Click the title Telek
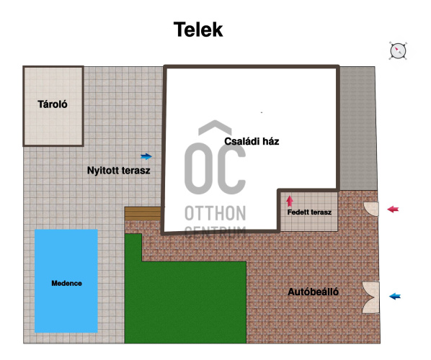198,30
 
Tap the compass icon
398,51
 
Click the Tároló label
53,104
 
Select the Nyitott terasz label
118,171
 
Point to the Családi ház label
252,141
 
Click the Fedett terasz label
309,212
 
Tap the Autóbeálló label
313,292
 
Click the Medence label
66,283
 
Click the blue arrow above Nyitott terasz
146,156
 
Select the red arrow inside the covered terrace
290,201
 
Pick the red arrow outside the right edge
393,210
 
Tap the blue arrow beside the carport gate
395,297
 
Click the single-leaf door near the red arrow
371,209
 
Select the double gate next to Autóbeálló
371,297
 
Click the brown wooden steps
143,214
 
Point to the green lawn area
185,301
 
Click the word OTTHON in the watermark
215,213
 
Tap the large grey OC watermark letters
215,168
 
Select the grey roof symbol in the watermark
215,127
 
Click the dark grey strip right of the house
358,128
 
